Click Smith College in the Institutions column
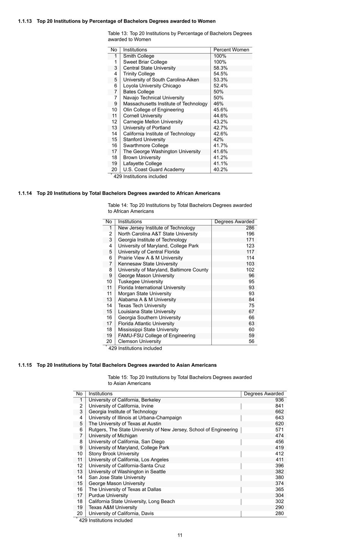(x=138, y=56)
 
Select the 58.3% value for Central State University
(x=220, y=68)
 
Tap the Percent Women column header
(x=231, y=50)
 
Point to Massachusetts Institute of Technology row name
(x=165, y=104)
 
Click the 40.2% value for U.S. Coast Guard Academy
(x=220, y=170)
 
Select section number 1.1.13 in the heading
(x=25, y=21)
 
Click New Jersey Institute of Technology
(x=156, y=228)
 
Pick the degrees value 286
(x=250, y=228)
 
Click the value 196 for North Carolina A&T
(x=250, y=234)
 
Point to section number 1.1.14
(x=25, y=193)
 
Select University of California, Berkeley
(x=124, y=400)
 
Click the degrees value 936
(x=279, y=400)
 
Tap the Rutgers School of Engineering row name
(x=163, y=430)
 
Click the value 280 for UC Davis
(x=279, y=513)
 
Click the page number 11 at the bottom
(x=180, y=535)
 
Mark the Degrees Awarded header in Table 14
(x=234, y=222)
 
